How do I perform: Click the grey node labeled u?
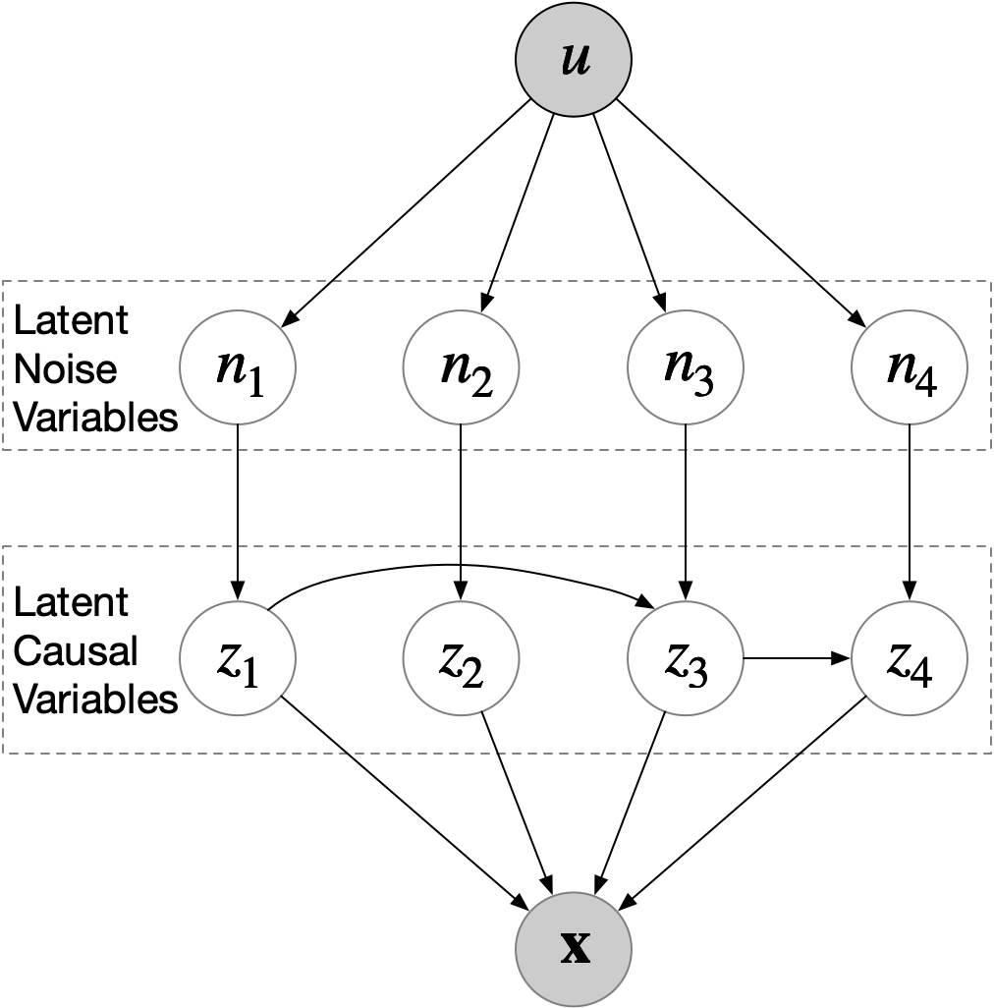573,60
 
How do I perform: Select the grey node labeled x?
574,948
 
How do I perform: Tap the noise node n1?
237,367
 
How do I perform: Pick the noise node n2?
461,367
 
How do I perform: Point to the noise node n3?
685,367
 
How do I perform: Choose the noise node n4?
910,367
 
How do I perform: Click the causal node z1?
237,659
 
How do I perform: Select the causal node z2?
461,659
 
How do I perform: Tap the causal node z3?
685,659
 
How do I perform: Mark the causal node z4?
910,659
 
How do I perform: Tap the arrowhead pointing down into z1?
237,593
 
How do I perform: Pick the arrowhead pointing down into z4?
910,593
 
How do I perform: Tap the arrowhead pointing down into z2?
461,593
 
